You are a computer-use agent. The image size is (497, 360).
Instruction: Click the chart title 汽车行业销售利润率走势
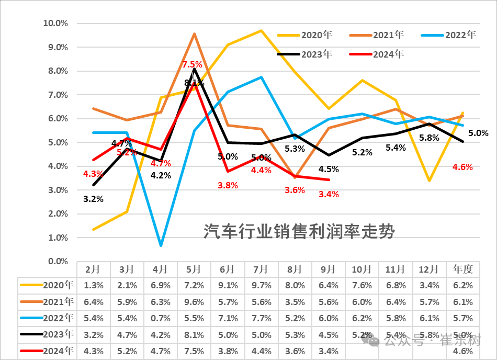click(299, 231)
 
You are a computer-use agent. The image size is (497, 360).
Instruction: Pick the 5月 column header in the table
click(194, 269)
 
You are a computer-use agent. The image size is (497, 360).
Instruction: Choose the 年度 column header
click(463, 269)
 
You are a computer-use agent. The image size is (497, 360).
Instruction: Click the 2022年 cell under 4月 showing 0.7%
click(160, 318)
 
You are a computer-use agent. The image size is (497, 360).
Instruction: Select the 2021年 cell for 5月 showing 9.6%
click(194, 302)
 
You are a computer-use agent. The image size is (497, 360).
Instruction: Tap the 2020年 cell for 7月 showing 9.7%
click(261, 285)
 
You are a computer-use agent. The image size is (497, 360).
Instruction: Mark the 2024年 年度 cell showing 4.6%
click(463, 352)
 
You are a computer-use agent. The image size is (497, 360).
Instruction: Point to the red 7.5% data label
click(192, 64)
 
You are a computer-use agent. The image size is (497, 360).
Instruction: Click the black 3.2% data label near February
click(93, 199)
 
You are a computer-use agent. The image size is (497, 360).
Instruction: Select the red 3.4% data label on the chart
click(329, 194)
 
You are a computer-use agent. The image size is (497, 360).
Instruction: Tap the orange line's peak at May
click(194, 34)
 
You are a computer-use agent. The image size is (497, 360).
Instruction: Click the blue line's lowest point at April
click(161, 245)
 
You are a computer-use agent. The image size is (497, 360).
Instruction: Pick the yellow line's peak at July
click(261, 30)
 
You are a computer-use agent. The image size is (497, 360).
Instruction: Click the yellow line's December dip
click(429, 181)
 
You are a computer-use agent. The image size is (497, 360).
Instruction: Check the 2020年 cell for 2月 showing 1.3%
click(93, 285)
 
